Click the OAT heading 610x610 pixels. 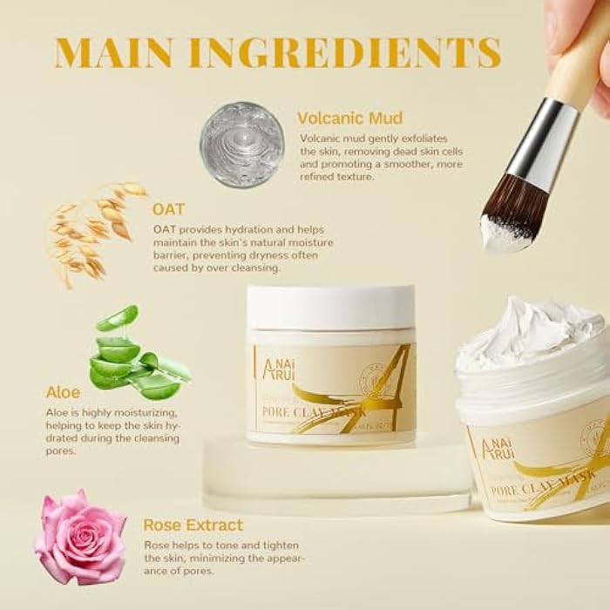pos(168,209)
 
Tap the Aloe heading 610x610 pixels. pos(63,393)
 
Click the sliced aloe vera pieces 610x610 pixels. pos(135,357)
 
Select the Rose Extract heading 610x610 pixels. pos(193,525)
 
